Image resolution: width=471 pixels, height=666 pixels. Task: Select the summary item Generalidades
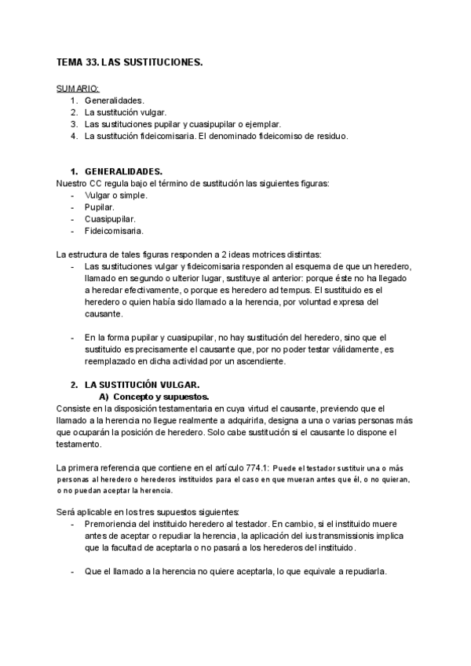[x=115, y=101]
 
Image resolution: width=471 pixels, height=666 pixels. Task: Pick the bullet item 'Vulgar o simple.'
[x=115, y=195]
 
